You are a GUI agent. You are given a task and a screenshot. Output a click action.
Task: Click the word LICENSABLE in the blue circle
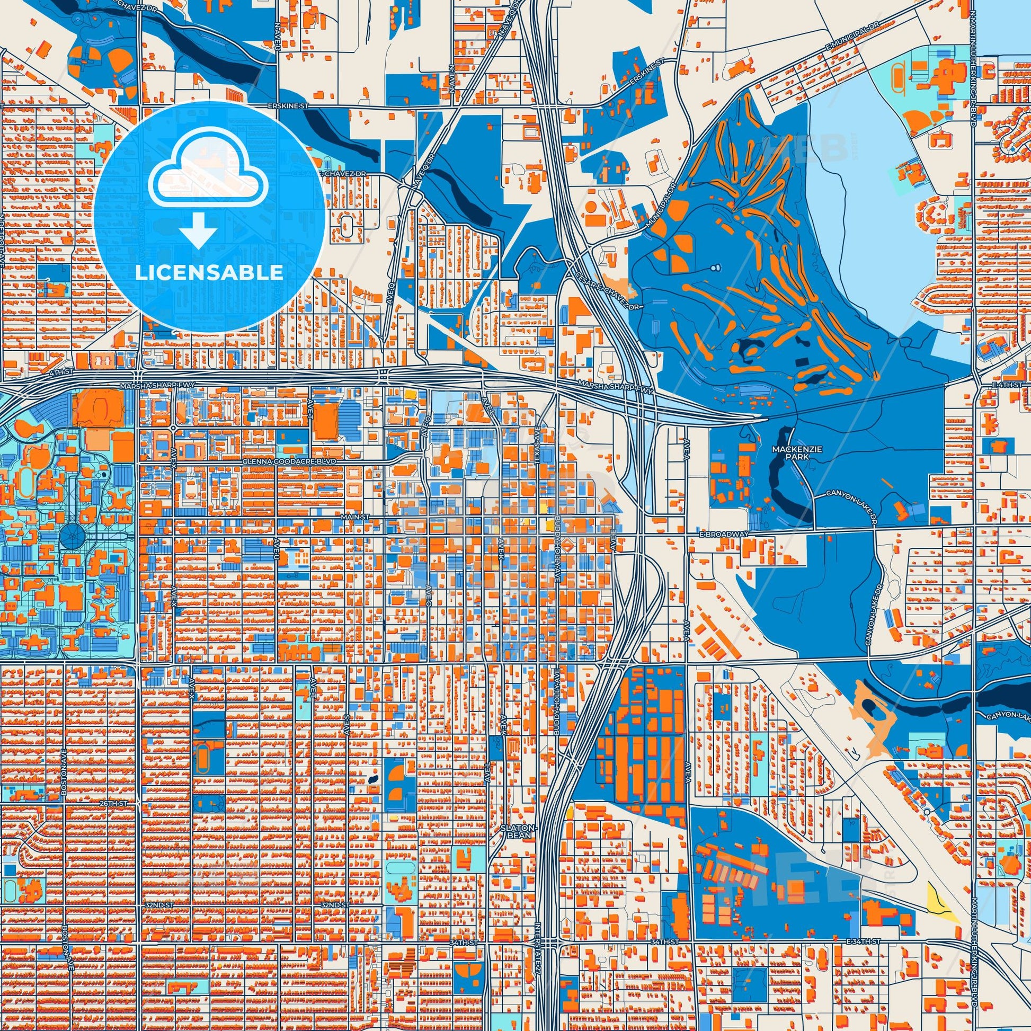209,272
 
